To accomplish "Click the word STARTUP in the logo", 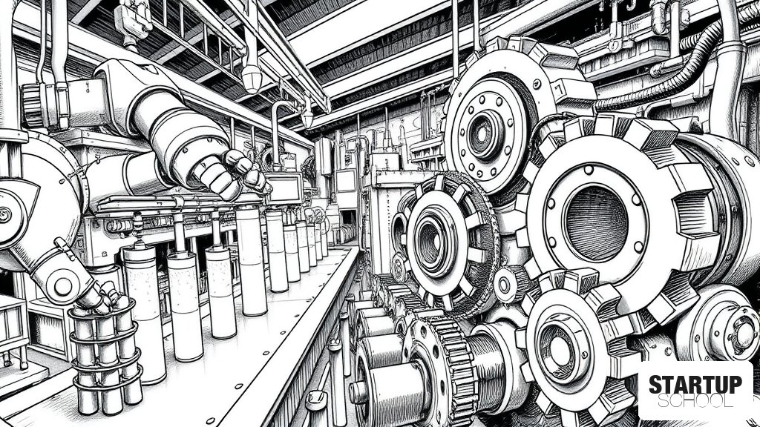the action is click(x=695, y=385).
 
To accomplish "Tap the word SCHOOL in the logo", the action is click(x=695, y=401).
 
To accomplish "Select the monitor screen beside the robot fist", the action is click(x=284, y=188).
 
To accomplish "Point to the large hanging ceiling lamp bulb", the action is click(x=252, y=79).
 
